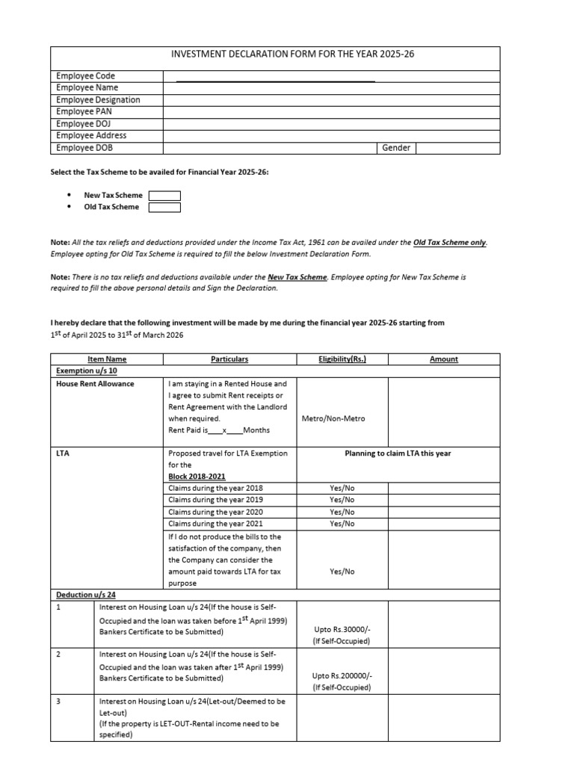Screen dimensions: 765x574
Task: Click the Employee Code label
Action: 85,76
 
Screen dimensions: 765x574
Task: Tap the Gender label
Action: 396,148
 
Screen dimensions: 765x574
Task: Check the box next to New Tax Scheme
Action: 164,196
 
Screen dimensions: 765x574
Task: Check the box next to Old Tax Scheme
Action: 164,208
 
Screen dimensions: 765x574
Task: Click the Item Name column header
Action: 107,359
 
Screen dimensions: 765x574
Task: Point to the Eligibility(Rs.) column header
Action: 342,359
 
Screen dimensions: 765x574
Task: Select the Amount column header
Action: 444,359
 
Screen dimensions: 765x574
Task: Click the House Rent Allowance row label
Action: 95,384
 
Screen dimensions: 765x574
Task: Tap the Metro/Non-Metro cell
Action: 333,418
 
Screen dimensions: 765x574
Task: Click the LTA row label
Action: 63,453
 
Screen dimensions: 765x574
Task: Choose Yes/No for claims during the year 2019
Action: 342,500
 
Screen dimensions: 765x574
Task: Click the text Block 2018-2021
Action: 197,477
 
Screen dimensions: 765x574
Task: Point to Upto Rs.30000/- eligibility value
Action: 342,631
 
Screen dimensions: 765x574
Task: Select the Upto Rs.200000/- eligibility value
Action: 342,675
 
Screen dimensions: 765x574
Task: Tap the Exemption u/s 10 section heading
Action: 87,371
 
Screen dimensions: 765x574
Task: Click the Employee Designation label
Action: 98,100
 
